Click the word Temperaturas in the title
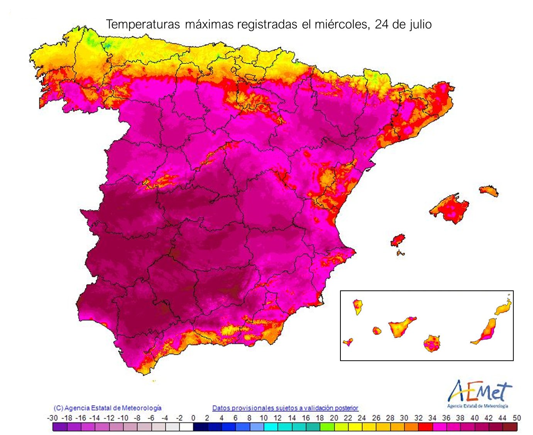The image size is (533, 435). point(143,25)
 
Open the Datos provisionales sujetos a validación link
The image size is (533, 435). point(285,408)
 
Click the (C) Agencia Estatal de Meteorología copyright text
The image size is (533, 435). point(108,408)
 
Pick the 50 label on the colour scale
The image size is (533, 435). point(517,418)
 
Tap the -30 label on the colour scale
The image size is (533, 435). point(52,418)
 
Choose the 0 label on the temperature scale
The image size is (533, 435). point(193,418)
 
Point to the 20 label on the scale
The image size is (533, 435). point(334,418)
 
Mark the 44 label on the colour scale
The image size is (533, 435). point(502,418)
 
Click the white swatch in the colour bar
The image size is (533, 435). point(186,427)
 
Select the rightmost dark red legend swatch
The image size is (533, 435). point(510,427)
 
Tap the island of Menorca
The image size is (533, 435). point(489,191)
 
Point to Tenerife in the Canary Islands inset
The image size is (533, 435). point(401,327)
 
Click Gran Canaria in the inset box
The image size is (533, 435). point(432,343)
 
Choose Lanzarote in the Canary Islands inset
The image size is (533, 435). point(504,308)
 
